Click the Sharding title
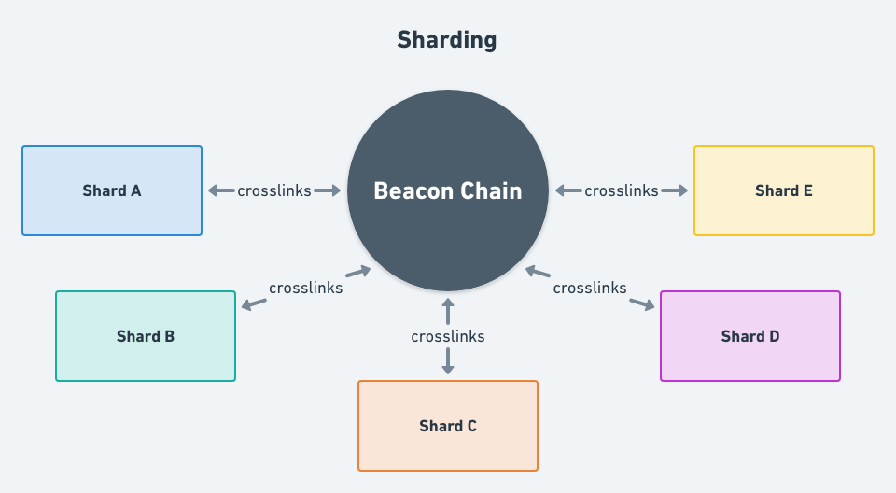447,40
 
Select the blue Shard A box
112,190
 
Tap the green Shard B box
146,336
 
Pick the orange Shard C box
448,426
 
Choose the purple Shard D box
750,336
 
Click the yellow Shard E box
784,190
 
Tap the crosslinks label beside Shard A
274,190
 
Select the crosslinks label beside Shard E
622,190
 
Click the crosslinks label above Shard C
448,336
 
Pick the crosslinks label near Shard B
305,288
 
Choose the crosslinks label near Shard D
590,288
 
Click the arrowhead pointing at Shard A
213,190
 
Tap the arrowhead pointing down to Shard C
448,369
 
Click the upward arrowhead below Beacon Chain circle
448,303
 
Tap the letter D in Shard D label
774,336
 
